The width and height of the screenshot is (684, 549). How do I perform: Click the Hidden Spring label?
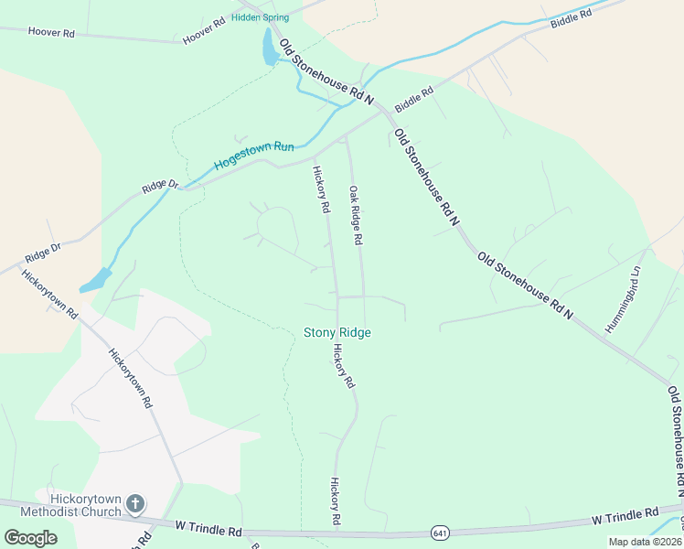click(260, 17)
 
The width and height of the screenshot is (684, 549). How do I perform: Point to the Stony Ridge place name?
click(337, 333)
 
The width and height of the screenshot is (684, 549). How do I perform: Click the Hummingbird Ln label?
click(625, 299)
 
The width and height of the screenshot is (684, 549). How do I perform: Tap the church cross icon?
click(135, 503)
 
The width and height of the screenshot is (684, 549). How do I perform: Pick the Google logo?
click(30, 538)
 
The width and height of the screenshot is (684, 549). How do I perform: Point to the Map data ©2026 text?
click(645, 542)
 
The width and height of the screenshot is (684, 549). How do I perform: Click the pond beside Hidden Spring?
click(270, 48)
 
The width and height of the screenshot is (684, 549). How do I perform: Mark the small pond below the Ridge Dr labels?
click(96, 281)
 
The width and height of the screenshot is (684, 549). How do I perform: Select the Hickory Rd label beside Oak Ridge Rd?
click(321, 189)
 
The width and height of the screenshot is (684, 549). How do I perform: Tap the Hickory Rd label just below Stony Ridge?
click(343, 366)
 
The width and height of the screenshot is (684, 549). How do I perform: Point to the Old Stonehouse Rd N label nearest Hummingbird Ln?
click(525, 285)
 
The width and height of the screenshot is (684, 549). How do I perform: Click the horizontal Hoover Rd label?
click(51, 32)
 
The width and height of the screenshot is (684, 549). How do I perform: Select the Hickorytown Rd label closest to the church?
click(129, 377)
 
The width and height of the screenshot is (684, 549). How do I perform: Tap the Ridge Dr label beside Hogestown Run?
click(160, 186)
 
